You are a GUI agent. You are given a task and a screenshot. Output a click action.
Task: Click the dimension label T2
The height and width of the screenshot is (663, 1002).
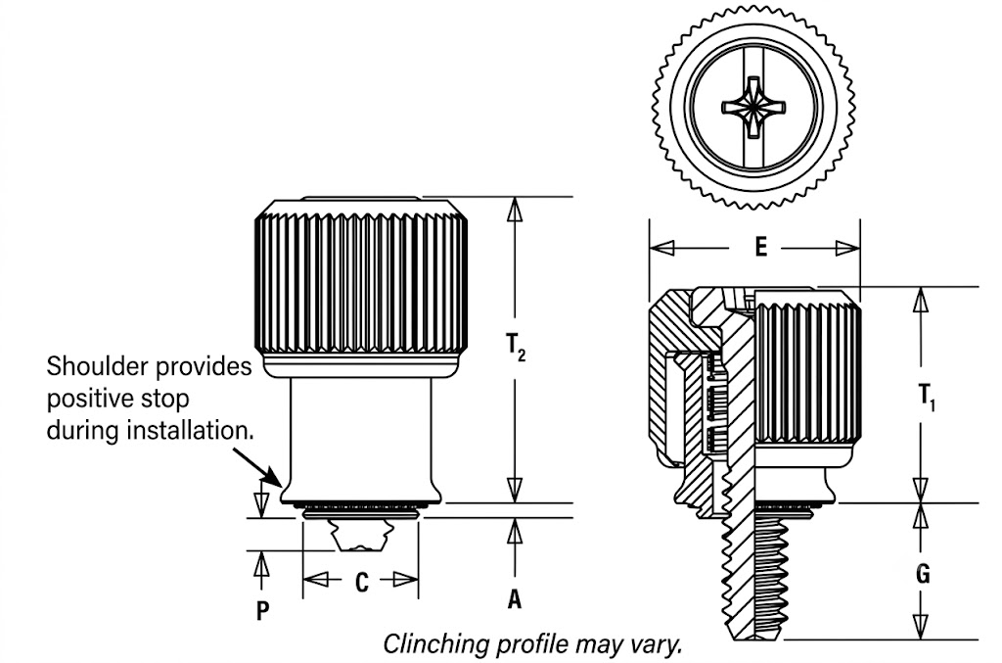coord(516,348)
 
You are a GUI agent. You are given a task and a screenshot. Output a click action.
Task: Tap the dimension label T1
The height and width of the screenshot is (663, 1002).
coord(928,398)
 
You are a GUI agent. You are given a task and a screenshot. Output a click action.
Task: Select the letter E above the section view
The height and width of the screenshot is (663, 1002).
coord(760,247)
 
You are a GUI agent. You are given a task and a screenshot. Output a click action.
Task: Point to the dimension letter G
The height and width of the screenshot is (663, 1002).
coord(922,574)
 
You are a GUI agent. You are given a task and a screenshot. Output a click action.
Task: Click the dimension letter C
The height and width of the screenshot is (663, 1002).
coord(362,582)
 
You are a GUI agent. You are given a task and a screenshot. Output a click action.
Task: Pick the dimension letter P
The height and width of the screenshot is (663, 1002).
coord(262,610)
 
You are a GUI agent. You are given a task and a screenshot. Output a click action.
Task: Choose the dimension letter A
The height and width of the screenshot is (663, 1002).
coord(515,599)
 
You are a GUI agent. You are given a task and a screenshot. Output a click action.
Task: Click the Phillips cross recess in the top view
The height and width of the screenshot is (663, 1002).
coord(753,107)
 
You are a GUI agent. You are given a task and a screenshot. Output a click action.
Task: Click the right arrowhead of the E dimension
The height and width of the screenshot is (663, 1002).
coord(847,248)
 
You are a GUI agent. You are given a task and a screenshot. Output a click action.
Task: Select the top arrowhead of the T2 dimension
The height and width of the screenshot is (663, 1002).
coord(514,210)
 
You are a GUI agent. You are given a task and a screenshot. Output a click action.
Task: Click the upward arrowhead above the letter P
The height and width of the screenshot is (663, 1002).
coord(261,564)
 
